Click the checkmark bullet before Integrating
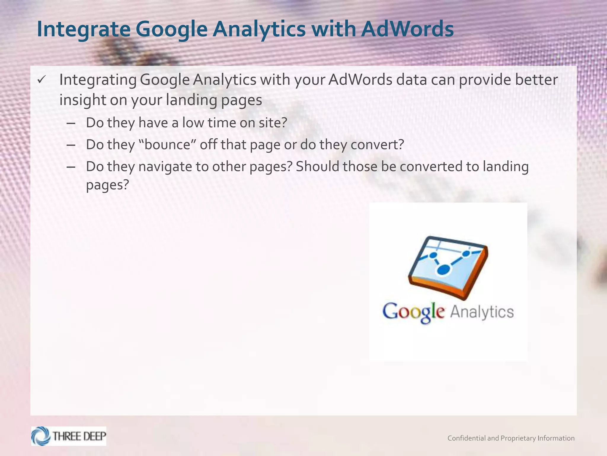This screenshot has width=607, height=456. [41, 80]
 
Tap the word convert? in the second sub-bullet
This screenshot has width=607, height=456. [377, 145]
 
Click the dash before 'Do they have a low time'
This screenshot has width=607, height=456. [71, 123]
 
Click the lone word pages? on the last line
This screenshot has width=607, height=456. [107, 185]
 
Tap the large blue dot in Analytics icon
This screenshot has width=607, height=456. [444, 270]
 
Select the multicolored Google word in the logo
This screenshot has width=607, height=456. [413, 312]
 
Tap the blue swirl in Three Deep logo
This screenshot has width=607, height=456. [41, 436]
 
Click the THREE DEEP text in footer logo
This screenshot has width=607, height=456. [79, 436]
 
